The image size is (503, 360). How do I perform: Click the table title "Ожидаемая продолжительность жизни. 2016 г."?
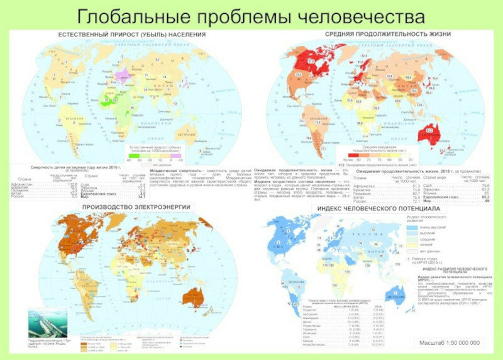pyautogui.click(x=409, y=171)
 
